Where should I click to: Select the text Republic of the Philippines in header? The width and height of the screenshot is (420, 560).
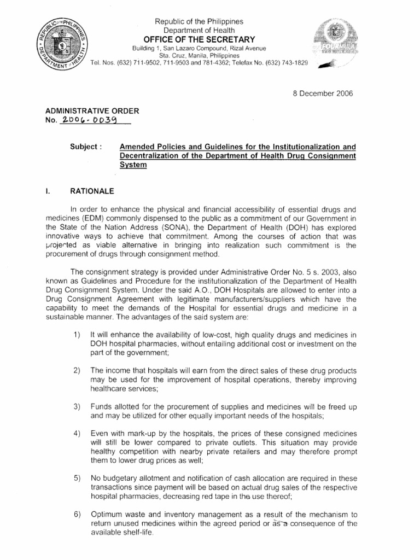[199, 21]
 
